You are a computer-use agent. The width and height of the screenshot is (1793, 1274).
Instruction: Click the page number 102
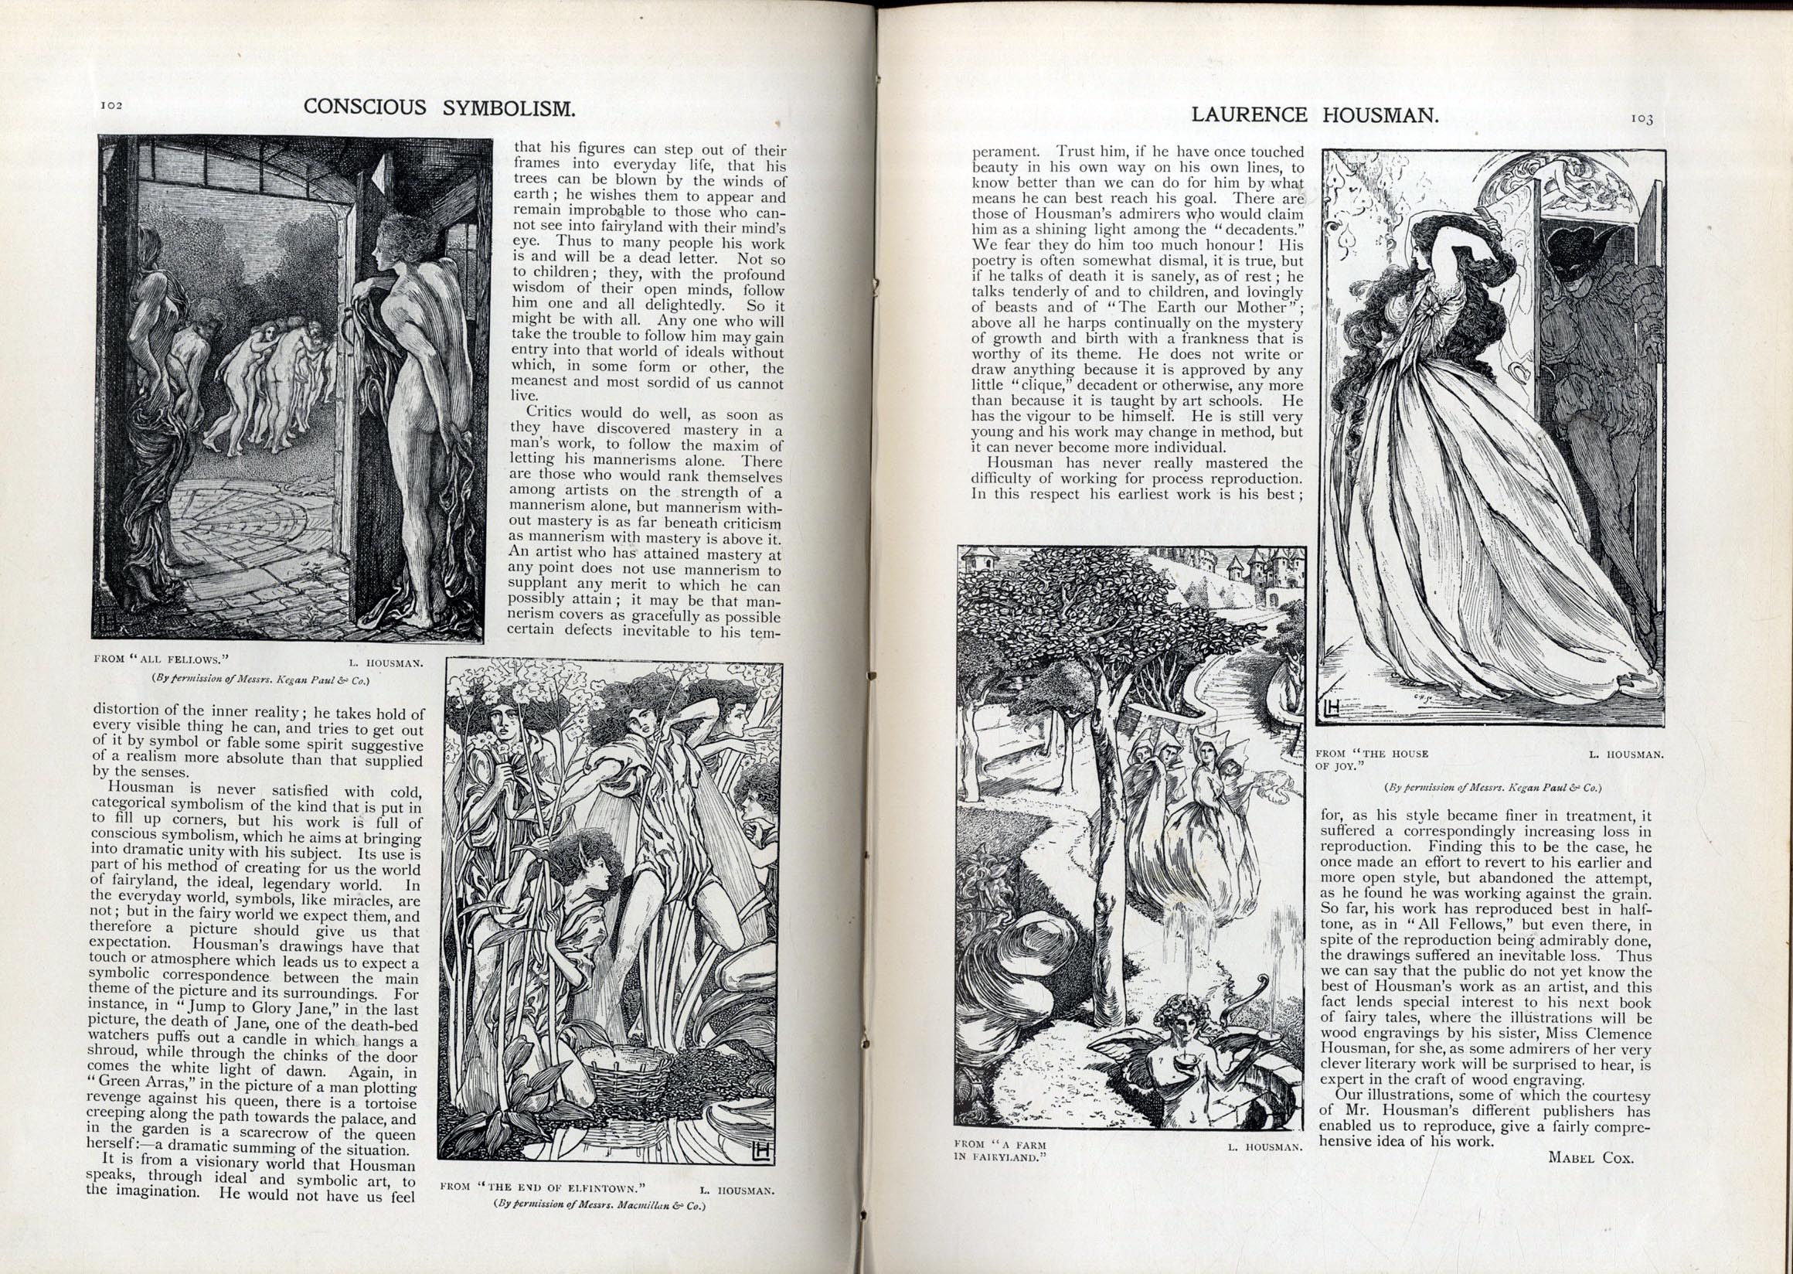(110, 106)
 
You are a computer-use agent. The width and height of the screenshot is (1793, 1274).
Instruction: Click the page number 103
(1642, 119)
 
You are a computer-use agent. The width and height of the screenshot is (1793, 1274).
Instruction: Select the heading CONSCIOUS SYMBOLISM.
(439, 107)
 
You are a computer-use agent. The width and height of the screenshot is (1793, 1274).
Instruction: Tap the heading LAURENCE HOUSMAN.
(1315, 115)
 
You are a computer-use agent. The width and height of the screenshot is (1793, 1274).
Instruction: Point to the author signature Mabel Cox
(1591, 1157)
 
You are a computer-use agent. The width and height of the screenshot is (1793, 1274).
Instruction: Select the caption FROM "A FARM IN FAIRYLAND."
(1001, 1150)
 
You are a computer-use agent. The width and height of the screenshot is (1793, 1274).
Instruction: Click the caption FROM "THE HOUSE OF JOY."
(1372, 759)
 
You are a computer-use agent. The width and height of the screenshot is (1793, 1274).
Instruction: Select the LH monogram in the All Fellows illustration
(107, 625)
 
